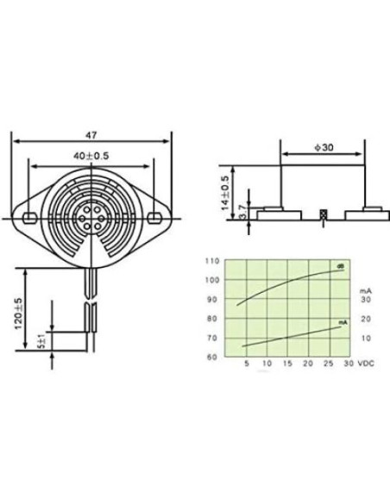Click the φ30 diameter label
[x=324, y=148]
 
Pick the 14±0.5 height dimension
[x=226, y=192]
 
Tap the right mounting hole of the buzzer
[x=156, y=215]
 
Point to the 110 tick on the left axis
[x=211, y=259]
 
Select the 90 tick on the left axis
[x=211, y=299]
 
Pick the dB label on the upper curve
[x=341, y=265]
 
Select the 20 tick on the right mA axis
[x=366, y=319]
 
